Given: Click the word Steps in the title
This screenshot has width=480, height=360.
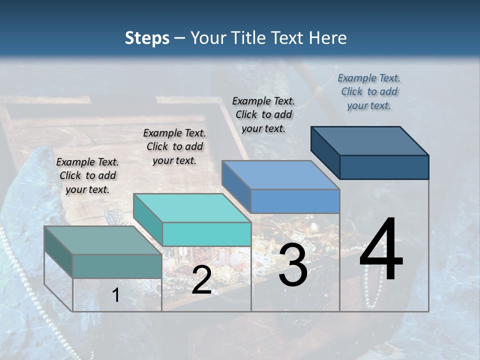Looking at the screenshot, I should [x=147, y=38].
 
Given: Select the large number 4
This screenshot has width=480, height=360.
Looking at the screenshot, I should [x=381, y=250].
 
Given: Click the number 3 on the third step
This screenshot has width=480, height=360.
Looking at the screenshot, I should [x=292, y=266].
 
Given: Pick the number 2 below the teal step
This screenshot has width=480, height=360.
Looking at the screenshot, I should [x=201, y=280].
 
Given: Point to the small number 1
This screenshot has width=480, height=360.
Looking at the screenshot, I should [x=116, y=295].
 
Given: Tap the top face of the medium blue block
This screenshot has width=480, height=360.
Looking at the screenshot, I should [x=280, y=175].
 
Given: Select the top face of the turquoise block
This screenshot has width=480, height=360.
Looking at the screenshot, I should [x=192, y=208].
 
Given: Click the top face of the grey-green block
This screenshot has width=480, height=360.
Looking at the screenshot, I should [x=103, y=240].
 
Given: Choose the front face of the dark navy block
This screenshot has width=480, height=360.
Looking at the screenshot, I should [x=384, y=167].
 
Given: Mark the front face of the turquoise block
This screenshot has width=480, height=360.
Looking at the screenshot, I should [x=206, y=234].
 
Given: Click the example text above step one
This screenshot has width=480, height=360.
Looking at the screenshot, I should [x=87, y=175].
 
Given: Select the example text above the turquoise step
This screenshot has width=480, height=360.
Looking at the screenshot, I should [x=174, y=146].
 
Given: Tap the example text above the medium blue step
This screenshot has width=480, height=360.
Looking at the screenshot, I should [x=263, y=114].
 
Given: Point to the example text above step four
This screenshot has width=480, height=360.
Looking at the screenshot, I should [x=369, y=91].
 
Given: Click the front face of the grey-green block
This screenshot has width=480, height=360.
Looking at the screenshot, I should [x=117, y=266].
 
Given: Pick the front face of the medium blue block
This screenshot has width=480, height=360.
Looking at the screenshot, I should [x=295, y=201].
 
